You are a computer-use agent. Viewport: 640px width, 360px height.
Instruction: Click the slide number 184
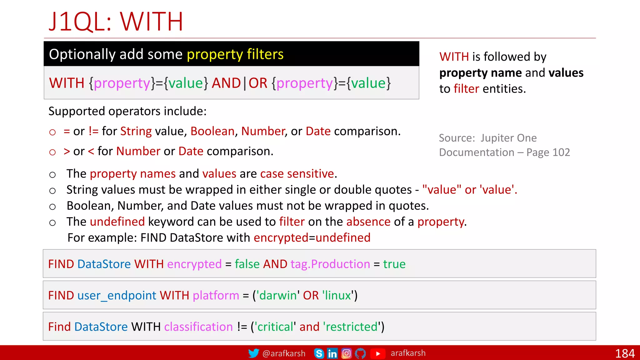point(625,353)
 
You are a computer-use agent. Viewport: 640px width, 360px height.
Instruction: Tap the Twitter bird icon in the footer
point(254,353)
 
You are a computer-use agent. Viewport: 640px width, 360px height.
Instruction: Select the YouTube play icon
point(378,353)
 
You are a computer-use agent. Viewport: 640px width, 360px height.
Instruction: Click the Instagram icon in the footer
point(346,353)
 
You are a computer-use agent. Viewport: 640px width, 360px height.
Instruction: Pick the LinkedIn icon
point(332,353)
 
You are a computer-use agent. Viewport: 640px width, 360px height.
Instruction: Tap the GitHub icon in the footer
point(360,353)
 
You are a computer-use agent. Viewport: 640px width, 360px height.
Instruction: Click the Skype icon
point(319,353)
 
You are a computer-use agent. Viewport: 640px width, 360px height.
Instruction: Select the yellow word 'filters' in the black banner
point(265,54)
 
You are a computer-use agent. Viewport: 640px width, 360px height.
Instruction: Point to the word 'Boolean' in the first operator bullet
point(212,131)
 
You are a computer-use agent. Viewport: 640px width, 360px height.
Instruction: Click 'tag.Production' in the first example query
point(330,264)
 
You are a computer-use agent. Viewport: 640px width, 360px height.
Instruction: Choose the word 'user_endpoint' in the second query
point(117,295)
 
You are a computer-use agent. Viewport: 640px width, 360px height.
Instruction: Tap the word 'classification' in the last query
point(198,327)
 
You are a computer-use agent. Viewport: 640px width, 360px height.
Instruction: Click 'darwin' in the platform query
point(278,295)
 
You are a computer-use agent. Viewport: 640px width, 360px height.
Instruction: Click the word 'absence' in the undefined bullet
point(368,222)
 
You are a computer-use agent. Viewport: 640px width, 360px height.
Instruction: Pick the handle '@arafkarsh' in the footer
point(284,353)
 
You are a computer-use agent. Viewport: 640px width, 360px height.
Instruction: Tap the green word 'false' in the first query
point(247,264)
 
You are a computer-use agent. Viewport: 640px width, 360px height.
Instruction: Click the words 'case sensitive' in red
point(297,174)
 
